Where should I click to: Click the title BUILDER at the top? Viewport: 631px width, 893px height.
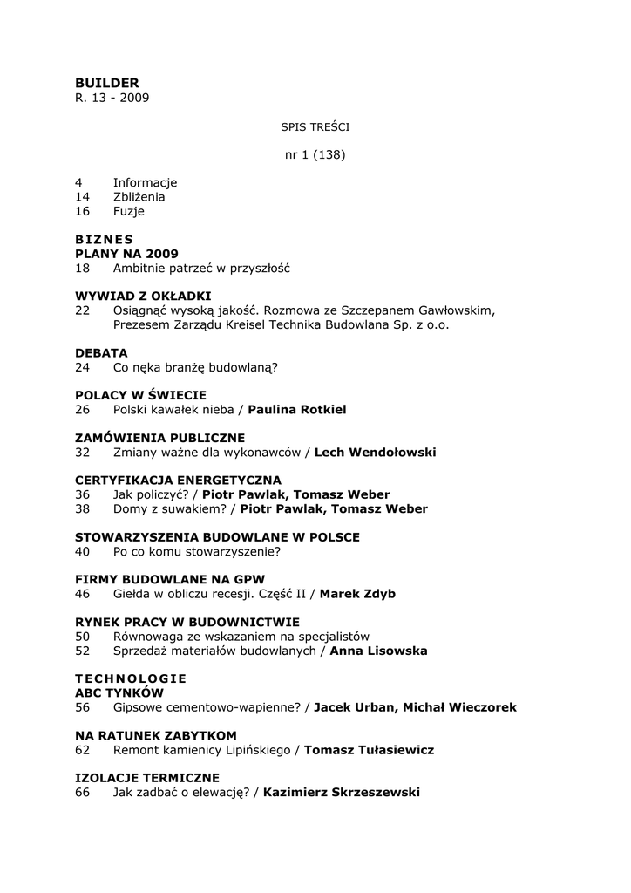(x=106, y=83)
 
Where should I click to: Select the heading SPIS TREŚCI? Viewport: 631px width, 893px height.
(x=315, y=127)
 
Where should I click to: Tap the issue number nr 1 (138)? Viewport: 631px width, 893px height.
(x=315, y=155)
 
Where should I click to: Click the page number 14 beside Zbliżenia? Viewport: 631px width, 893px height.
(x=83, y=197)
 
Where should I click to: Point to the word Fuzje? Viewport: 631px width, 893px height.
(x=129, y=211)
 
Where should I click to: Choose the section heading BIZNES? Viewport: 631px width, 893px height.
(x=104, y=240)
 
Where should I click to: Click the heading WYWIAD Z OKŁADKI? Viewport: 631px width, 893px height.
(x=143, y=296)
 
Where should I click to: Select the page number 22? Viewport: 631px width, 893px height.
(x=83, y=310)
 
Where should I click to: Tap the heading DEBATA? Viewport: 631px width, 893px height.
(x=101, y=352)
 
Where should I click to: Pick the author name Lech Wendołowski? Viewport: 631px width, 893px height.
(x=375, y=453)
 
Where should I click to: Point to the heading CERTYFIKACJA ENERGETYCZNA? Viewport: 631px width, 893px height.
(x=178, y=481)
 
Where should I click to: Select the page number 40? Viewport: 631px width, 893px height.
(x=83, y=551)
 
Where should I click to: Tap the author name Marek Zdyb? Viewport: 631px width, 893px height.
(x=357, y=594)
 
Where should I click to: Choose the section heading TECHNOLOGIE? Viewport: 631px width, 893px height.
(x=131, y=678)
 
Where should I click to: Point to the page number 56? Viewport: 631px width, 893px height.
(x=83, y=707)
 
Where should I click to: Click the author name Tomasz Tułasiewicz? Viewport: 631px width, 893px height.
(x=370, y=750)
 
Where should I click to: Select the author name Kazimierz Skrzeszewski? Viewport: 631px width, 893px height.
(x=341, y=793)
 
